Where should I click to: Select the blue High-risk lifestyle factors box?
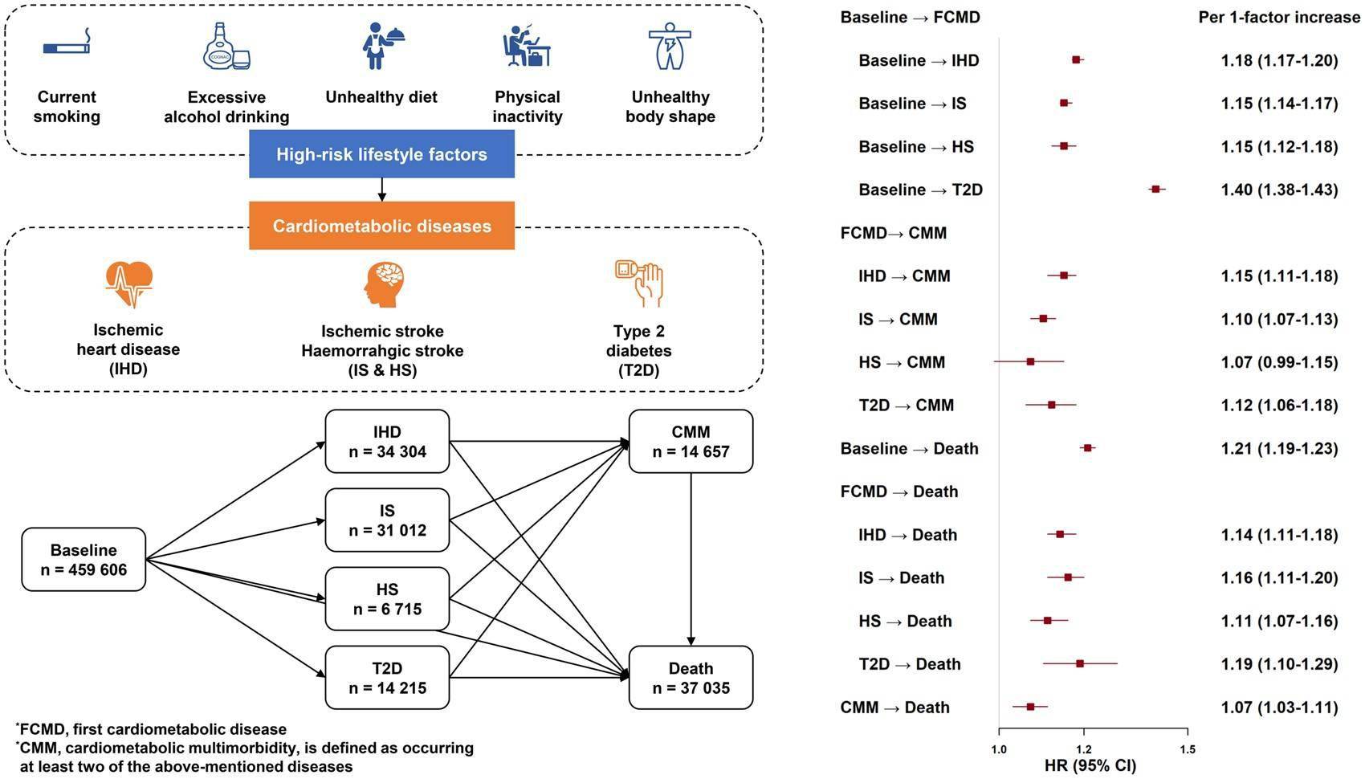[x=381, y=153]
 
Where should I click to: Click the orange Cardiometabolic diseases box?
[x=381, y=226]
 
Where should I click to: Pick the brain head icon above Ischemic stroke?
[x=383, y=284]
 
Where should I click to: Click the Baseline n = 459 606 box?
[x=84, y=560]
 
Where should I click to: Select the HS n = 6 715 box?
[x=387, y=598]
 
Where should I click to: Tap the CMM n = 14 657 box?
[x=691, y=442]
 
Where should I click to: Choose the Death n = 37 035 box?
[x=691, y=677]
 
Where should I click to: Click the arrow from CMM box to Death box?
[x=691, y=559]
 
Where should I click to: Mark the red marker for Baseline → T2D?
[x=1155, y=190]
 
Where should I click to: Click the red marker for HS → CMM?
[x=1030, y=362]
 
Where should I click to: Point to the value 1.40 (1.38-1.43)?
[x=1280, y=190]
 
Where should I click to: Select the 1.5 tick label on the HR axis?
[x=1188, y=749]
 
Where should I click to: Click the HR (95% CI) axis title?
[x=1090, y=765]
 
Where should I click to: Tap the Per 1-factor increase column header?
[x=1279, y=17]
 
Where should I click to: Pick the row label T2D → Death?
[x=910, y=664]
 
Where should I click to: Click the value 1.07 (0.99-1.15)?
[x=1280, y=362]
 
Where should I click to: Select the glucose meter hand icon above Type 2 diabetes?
[x=638, y=283]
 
